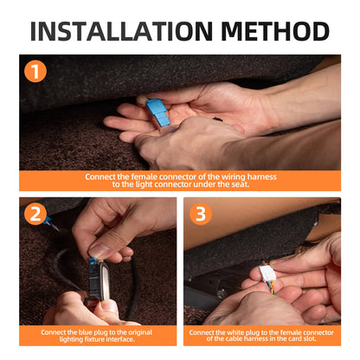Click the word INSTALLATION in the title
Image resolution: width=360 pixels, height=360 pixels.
pyautogui.click(x=121, y=31)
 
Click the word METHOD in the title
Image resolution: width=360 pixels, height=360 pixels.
pyautogui.click(x=275, y=31)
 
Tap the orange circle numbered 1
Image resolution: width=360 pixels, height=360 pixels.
pyautogui.click(x=35, y=71)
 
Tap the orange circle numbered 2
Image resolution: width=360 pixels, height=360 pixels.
pyautogui.click(x=35, y=214)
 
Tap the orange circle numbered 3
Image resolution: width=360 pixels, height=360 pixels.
pyautogui.click(x=201, y=214)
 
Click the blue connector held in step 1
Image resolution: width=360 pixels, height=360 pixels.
pyautogui.click(x=157, y=112)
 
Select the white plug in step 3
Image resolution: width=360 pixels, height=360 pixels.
pyautogui.click(x=267, y=273)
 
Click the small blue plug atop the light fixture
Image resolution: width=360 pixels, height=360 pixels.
pyautogui.click(x=93, y=261)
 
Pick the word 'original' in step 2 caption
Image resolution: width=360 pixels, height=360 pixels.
pyautogui.click(x=139, y=332)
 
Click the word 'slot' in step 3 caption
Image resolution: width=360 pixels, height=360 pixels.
pyautogui.click(x=310, y=338)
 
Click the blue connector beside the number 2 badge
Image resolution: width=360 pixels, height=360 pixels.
pyautogui.click(x=48, y=221)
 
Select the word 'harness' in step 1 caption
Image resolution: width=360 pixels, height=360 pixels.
pyautogui.click(x=261, y=177)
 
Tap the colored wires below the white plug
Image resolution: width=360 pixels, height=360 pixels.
pyautogui.click(x=271, y=287)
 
